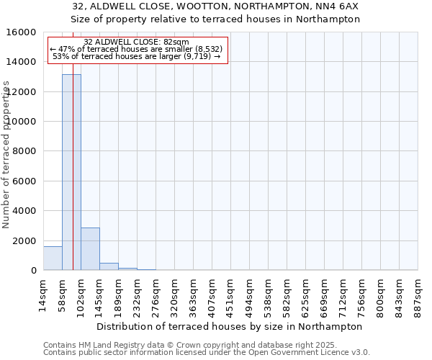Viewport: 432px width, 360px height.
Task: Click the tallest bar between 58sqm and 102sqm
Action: point(71,173)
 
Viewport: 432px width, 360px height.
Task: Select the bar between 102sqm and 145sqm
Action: point(90,249)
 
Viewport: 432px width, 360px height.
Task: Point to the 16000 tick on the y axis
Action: point(22,32)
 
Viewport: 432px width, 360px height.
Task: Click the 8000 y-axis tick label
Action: point(25,151)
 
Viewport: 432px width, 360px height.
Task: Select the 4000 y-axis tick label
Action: point(25,211)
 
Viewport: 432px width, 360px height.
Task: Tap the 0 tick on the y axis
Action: point(35,271)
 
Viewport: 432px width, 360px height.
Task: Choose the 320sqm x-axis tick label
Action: point(174,294)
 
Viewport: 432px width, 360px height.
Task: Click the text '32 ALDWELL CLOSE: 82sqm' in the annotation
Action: point(136,42)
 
